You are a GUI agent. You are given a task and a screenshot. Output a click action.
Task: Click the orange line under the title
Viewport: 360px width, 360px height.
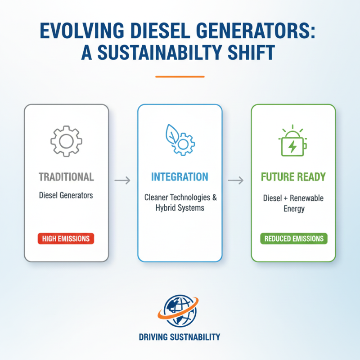click(x=180, y=76)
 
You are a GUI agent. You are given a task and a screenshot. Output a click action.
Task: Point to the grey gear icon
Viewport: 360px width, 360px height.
click(x=66, y=141)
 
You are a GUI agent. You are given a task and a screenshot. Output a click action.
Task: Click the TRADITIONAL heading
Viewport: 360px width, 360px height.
click(x=66, y=176)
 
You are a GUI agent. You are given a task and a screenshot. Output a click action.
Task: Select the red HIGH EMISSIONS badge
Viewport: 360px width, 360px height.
click(x=66, y=238)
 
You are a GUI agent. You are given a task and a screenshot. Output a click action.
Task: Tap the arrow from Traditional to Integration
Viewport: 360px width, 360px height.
click(x=122, y=180)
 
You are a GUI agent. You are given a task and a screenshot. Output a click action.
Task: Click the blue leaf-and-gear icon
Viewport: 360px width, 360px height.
click(x=180, y=139)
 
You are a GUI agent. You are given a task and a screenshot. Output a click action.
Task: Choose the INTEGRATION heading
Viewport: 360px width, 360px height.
click(x=180, y=176)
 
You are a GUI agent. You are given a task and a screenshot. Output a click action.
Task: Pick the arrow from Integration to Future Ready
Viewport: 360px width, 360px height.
click(x=236, y=180)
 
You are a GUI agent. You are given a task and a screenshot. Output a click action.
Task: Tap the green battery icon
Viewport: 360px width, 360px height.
click(x=293, y=143)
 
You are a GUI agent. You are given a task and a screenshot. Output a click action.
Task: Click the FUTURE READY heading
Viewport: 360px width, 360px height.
click(x=293, y=176)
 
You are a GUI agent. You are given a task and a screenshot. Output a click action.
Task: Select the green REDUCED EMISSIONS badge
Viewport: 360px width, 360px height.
click(x=293, y=238)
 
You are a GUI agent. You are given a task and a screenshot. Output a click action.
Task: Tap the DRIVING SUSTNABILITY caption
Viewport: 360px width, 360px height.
click(x=180, y=337)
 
